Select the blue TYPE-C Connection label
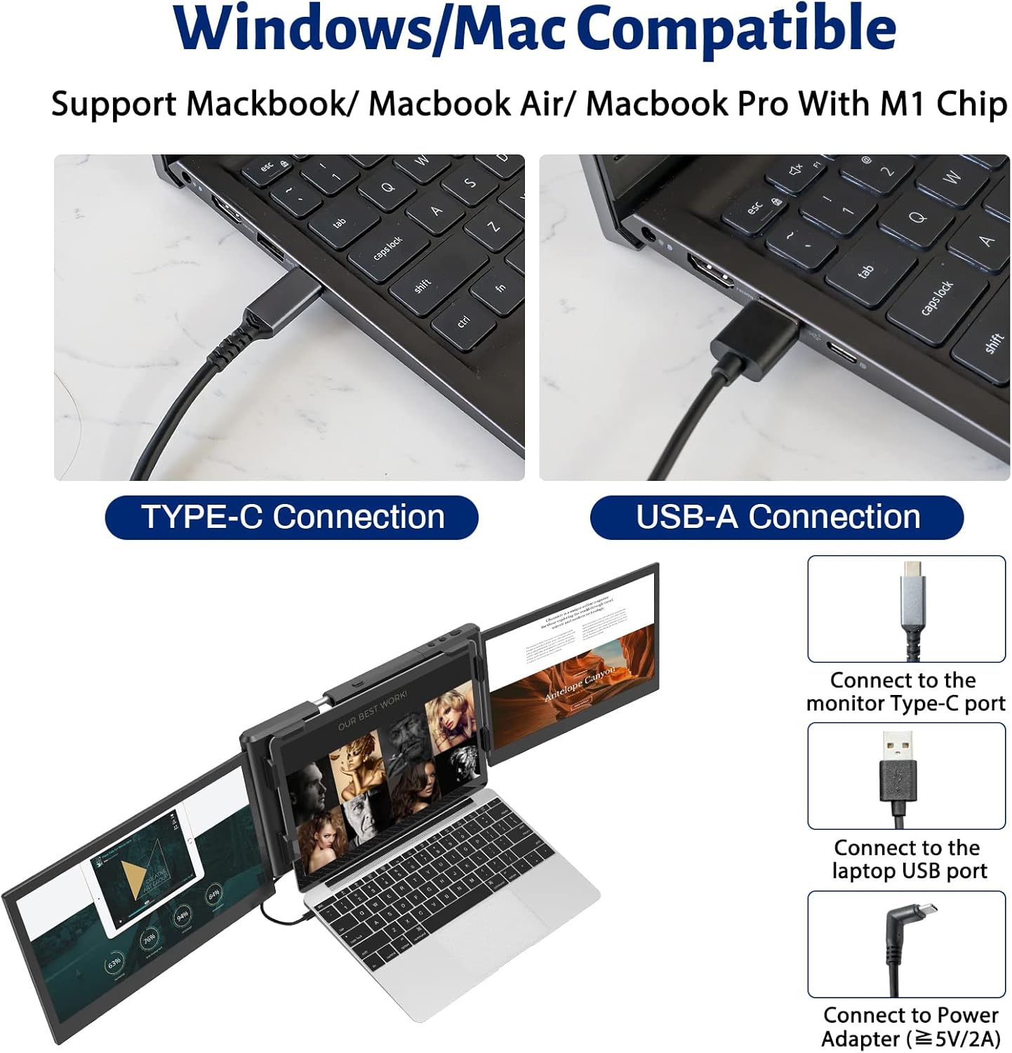tap(292, 517)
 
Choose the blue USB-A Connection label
tap(777, 517)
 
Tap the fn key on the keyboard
tap(500, 287)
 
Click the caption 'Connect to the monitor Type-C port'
tap(905, 691)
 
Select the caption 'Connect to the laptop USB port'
tap(907, 859)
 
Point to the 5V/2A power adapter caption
tap(910, 1027)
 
